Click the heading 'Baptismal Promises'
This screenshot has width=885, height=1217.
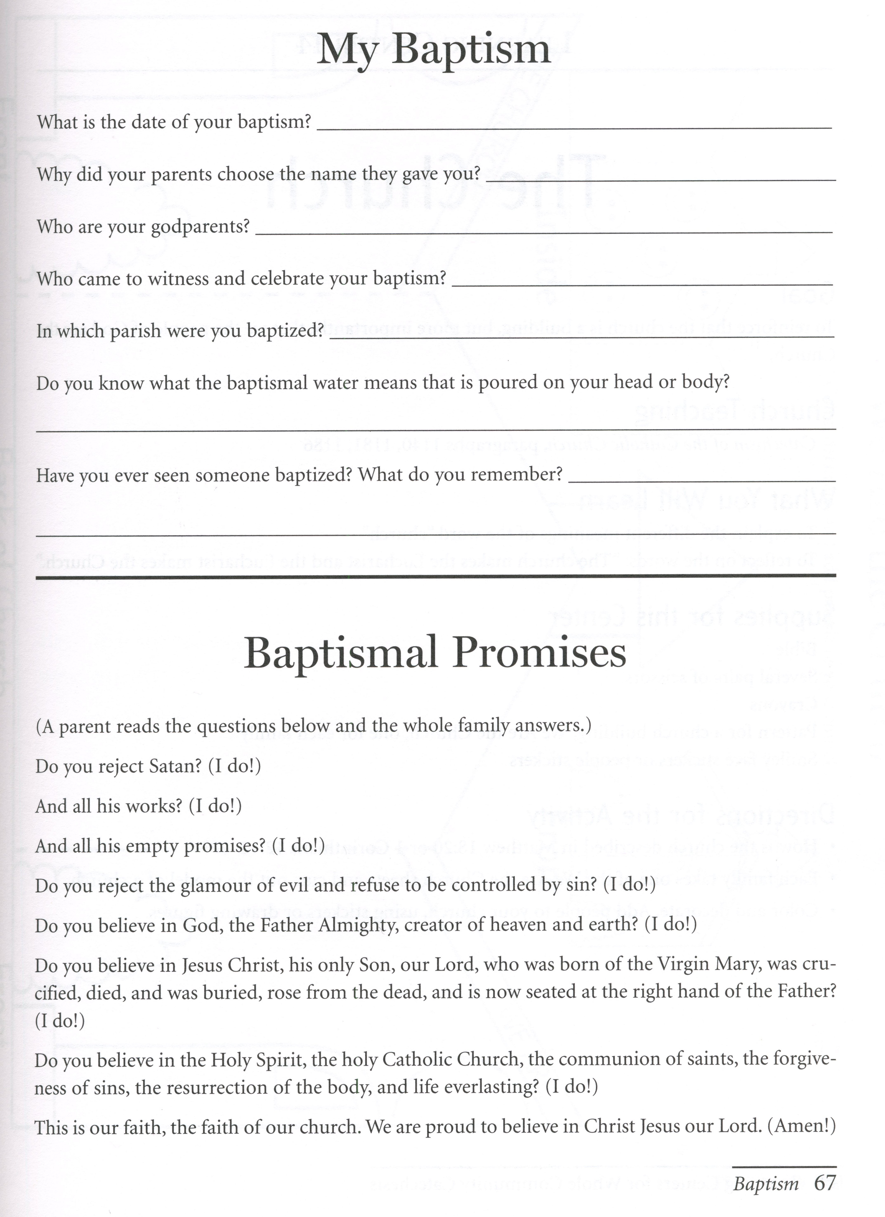click(x=435, y=653)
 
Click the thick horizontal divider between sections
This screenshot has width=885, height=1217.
click(x=435, y=576)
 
